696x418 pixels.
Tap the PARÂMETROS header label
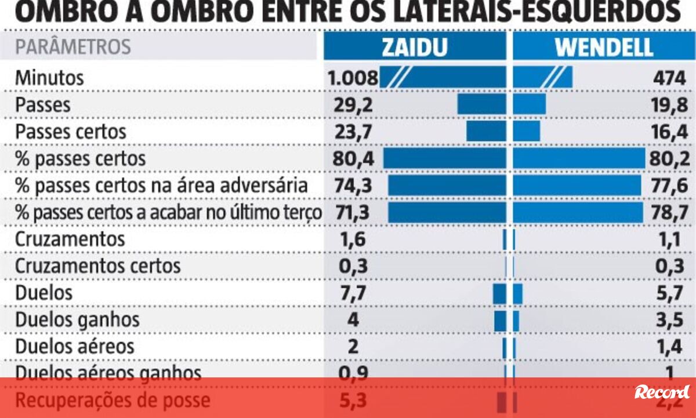click(x=72, y=47)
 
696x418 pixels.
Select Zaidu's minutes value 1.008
click(x=353, y=78)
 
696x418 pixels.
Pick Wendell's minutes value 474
click(x=668, y=78)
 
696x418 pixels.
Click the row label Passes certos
click(x=70, y=132)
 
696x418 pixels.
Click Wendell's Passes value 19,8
click(x=668, y=105)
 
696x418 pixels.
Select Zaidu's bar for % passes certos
click(x=444, y=159)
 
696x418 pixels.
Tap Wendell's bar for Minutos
click(x=543, y=78)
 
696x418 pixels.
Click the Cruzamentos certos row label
click(x=97, y=266)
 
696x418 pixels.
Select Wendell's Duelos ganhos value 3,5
click(x=670, y=319)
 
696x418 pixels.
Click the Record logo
click(x=662, y=392)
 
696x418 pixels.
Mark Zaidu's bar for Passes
click(x=481, y=105)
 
